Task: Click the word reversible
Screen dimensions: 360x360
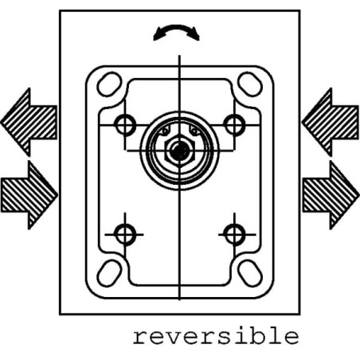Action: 216,336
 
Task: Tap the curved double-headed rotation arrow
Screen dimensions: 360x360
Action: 177,28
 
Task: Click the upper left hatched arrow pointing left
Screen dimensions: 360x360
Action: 29,122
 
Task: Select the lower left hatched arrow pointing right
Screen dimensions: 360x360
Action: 29,195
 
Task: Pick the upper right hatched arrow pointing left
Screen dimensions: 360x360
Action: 331,122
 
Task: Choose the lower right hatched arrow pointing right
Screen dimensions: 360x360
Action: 331,195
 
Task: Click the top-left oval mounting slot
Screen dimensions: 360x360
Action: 109,84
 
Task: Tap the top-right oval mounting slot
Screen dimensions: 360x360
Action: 250,84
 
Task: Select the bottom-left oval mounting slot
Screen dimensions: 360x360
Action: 109,273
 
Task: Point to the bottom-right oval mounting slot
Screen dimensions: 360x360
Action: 250,273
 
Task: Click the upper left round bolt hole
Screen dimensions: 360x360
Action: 125,125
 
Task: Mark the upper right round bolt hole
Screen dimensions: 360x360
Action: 234,125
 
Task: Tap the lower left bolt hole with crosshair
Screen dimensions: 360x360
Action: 125,235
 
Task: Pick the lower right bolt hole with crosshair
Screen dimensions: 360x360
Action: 234,235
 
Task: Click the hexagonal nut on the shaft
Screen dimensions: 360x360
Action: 180,151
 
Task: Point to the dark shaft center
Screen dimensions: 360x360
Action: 180,151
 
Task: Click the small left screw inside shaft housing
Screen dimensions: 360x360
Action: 165,131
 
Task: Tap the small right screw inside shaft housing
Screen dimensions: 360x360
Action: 195,131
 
